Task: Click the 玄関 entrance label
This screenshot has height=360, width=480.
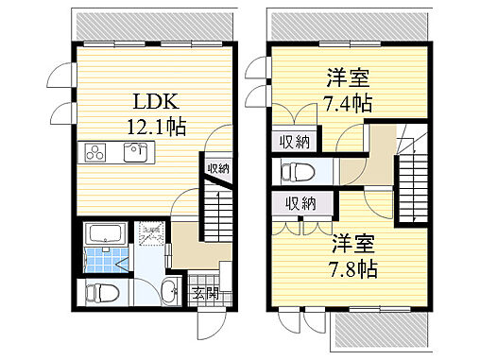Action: [205, 293]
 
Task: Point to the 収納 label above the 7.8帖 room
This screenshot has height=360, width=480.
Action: [301, 203]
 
